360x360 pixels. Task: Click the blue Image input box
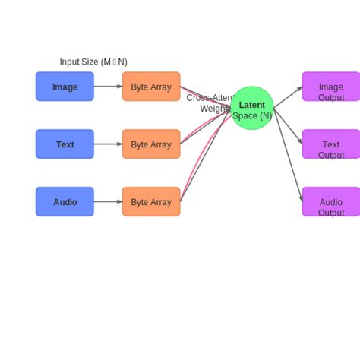point(65,87)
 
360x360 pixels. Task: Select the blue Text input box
point(65,144)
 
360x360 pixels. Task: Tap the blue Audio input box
point(65,202)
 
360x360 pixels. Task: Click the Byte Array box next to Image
point(151,87)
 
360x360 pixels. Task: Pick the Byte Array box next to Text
point(151,144)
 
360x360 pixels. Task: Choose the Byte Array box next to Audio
point(151,202)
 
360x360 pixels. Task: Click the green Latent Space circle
point(252,109)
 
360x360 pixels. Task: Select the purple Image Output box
point(330,87)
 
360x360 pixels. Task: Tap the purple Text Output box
point(330,144)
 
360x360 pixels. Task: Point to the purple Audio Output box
point(330,202)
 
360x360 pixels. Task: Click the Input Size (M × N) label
point(93,62)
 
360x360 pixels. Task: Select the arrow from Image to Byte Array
point(108,87)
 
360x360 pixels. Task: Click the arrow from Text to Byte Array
point(108,144)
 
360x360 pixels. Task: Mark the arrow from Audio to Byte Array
point(108,202)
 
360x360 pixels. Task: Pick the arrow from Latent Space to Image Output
point(288,97)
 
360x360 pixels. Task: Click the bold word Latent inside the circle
point(252,105)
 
